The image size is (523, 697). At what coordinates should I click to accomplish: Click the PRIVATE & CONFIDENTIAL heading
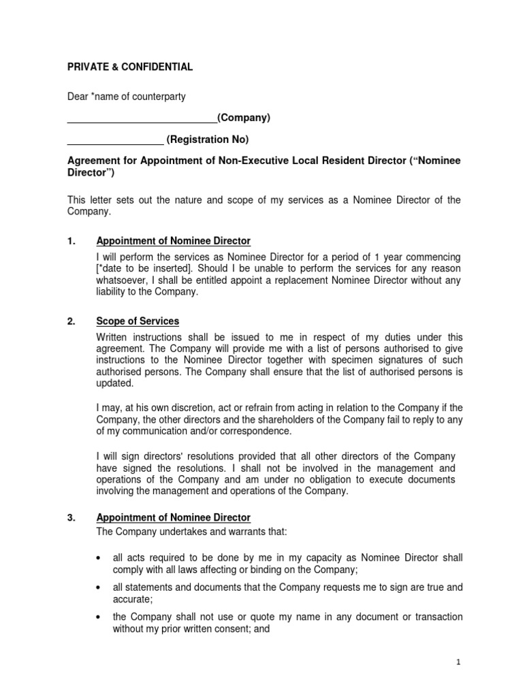click(129, 67)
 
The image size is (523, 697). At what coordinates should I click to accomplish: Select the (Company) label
click(244, 118)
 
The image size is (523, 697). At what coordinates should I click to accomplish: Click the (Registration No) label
click(208, 140)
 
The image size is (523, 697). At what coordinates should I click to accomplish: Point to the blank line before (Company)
click(142, 121)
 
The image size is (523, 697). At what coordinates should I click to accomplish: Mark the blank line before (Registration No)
click(115, 143)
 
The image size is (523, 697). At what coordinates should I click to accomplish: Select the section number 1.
click(71, 241)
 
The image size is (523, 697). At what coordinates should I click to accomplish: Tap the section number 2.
click(71, 321)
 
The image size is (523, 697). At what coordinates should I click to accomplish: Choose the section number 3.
click(71, 517)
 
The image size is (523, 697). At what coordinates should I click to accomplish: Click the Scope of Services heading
click(138, 321)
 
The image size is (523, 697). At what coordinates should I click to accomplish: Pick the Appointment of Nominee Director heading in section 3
click(174, 517)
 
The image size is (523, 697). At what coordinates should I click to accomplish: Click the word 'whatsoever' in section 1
click(123, 280)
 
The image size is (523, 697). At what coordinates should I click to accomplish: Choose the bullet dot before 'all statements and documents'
click(100, 587)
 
